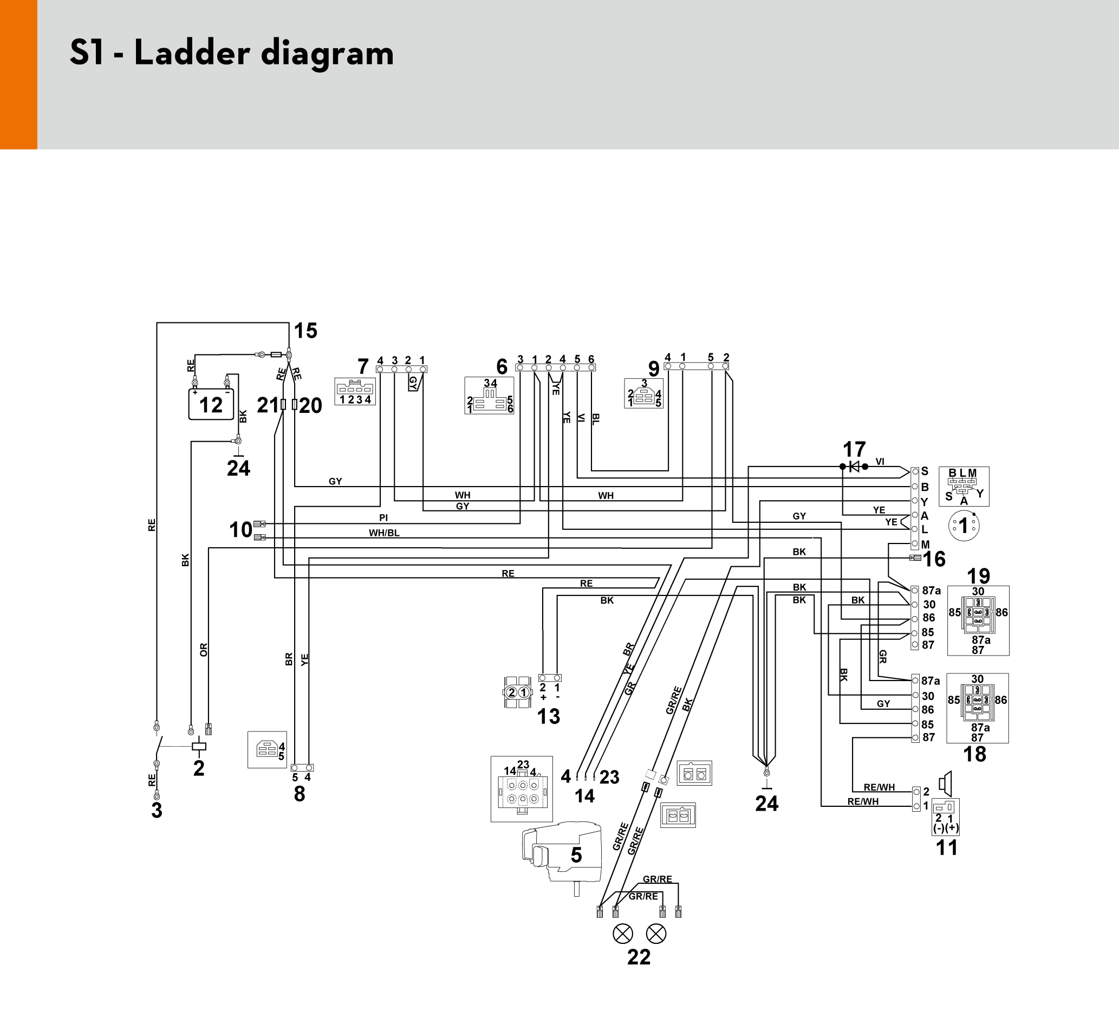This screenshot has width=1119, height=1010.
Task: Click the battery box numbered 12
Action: click(211, 404)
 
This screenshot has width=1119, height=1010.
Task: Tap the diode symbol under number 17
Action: click(854, 467)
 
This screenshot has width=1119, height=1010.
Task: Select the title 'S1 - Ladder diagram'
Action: click(232, 53)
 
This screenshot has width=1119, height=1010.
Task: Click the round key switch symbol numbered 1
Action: click(964, 525)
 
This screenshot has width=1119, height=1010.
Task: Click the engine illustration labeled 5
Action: click(562, 855)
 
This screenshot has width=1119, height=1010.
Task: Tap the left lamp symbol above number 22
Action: click(622, 934)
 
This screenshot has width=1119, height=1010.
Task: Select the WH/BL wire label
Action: click(384, 533)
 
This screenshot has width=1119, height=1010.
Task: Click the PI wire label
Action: click(383, 518)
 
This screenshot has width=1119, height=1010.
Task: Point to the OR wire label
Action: click(204, 650)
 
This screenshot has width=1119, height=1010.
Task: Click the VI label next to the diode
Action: click(880, 462)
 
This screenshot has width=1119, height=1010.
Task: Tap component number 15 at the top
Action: click(305, 331)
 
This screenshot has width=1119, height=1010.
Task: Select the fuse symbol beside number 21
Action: click(283, 405)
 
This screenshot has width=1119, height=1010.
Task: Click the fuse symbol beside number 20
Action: click(295, 405)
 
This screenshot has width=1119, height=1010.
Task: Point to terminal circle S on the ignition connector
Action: click(915, 472)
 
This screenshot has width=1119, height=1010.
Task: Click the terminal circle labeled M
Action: click(915, 545)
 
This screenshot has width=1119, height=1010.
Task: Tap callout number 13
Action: click(549, 716)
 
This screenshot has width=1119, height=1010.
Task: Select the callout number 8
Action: click(300, 794)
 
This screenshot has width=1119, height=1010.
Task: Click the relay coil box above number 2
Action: click(199, 747)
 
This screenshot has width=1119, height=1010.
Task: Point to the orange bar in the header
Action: click(18, 74)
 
